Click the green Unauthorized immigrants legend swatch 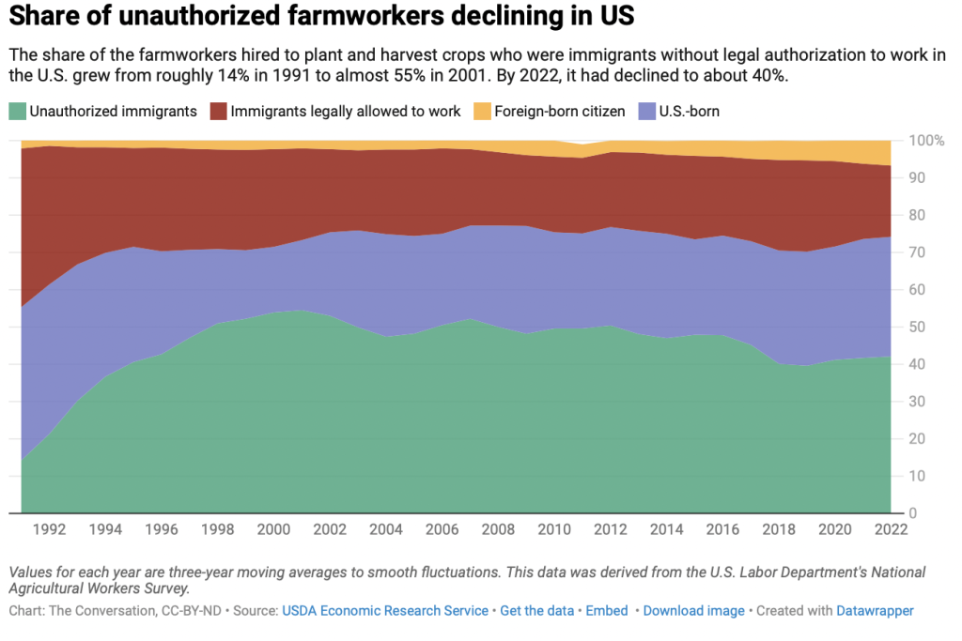coord(18,111)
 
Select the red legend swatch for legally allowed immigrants coord(219,111)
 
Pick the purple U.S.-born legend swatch coord(648,111)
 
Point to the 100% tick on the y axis coord(925,141)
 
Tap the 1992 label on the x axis coord(50,528)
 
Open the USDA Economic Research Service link coord(385,611)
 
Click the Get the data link coord(536,611)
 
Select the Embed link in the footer coord(607,611)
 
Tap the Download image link coord(693,611)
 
